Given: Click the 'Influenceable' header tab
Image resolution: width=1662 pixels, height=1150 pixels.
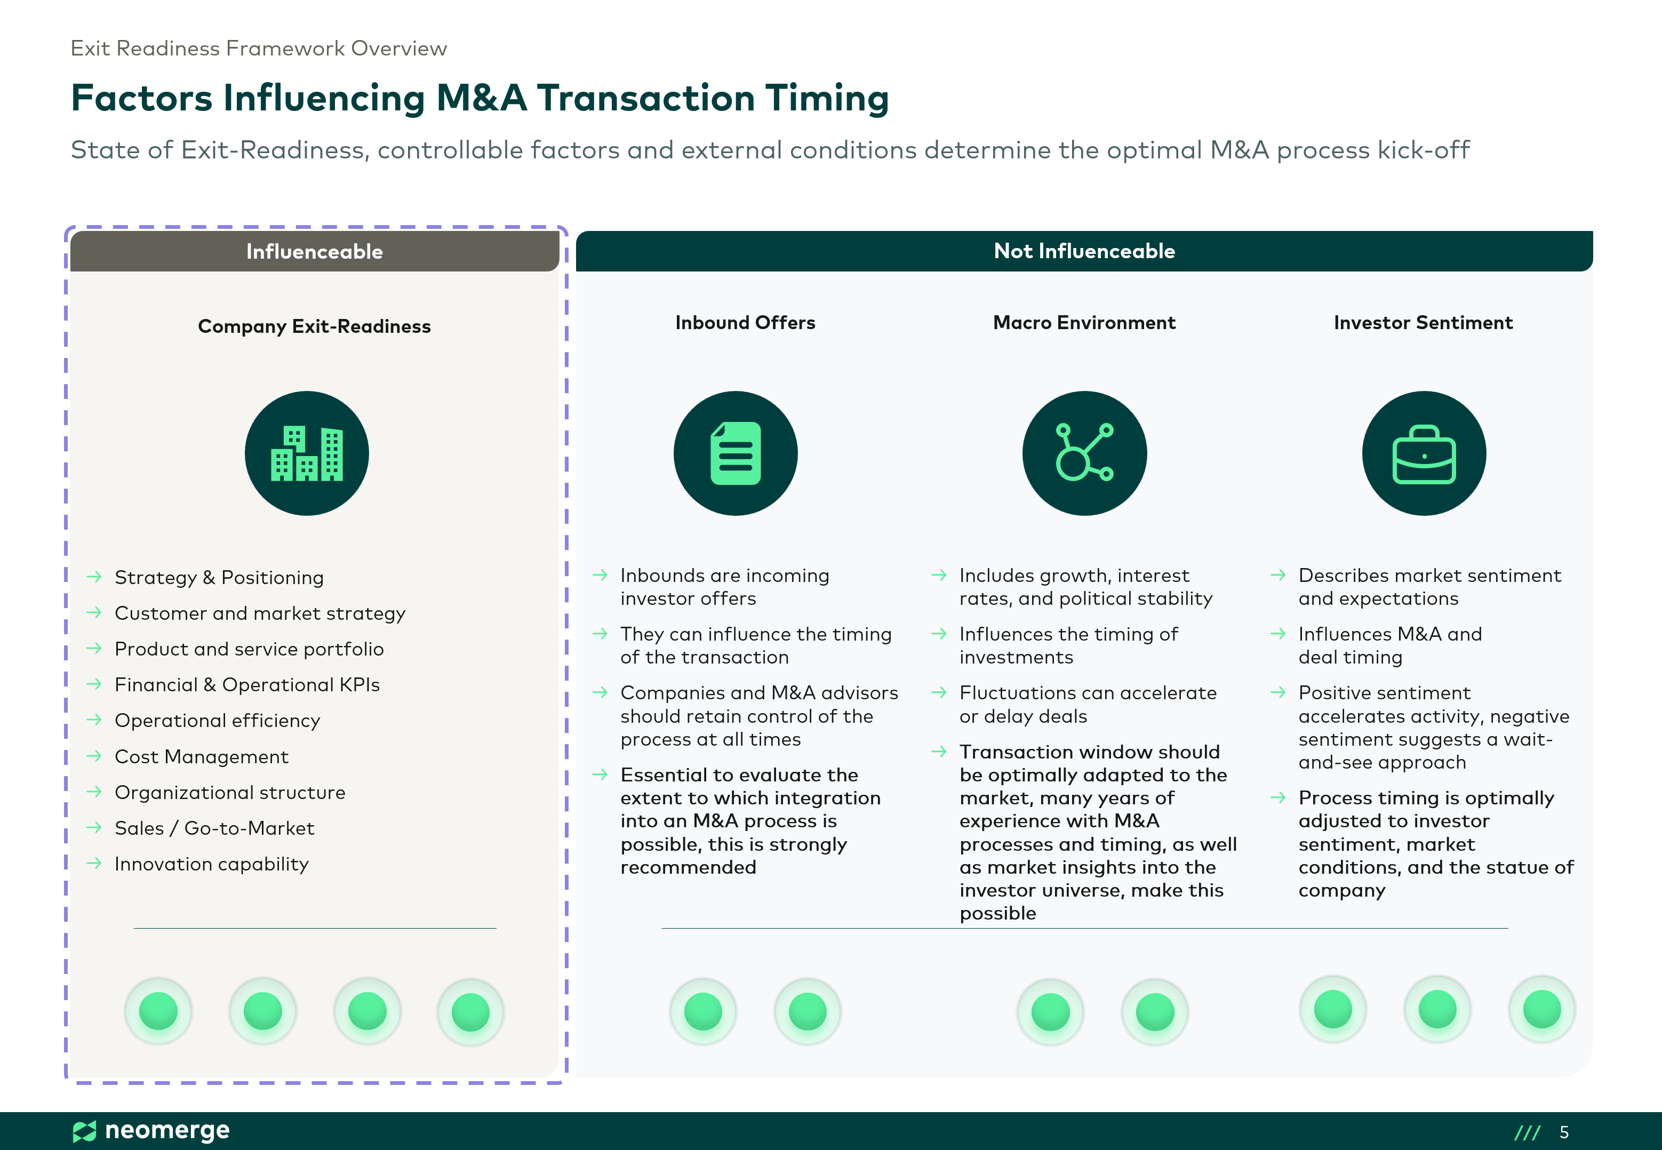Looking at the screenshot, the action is point(314,251).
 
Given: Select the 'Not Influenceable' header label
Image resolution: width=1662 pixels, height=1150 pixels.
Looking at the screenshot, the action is point(1084,251).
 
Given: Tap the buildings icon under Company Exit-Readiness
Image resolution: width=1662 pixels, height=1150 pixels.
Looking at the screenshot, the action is point(307,453).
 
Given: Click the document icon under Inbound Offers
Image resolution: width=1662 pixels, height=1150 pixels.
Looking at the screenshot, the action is point(736,453).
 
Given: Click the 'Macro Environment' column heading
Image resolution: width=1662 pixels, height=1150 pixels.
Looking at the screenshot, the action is point(1084,323).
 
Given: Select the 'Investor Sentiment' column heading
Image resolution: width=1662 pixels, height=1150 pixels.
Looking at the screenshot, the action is point(1423,323).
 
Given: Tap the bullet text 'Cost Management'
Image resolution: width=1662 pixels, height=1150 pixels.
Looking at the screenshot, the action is point(202,756).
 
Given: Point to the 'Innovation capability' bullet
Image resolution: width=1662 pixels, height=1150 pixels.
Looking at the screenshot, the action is point(212,864).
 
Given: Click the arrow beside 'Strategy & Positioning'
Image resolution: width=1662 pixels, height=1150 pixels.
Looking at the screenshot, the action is point(94,577).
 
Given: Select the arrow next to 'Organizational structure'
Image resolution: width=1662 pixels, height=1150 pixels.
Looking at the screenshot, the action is point(94,792).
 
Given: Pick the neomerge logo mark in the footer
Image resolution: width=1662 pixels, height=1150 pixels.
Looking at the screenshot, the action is point(84,1131).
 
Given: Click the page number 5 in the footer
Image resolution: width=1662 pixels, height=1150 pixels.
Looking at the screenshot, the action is point(1564,1132).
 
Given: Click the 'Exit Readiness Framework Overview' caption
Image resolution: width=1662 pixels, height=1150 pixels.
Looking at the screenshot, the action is point(259,49).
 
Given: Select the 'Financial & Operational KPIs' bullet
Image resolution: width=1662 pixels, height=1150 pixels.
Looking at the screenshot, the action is point(247,684).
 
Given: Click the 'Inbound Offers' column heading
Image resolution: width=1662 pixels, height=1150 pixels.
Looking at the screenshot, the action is point(745,323).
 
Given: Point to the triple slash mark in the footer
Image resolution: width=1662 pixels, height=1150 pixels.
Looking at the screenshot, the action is point(1527,1132).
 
